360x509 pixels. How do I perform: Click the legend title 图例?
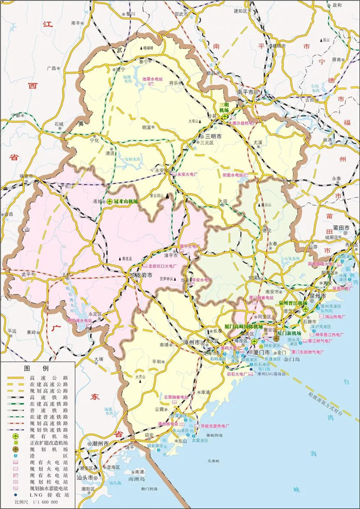pos(36,368)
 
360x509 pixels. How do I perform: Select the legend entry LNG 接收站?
pos(48,495)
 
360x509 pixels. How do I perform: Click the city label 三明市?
pos(214,137)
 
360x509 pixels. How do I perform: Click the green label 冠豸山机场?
pos(126,201)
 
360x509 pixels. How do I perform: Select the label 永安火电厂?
pos(188,174)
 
